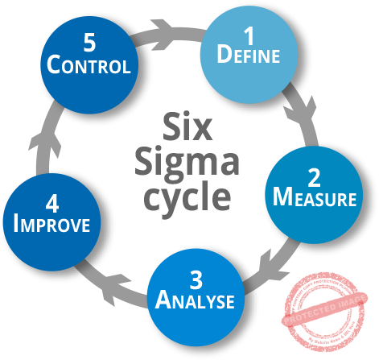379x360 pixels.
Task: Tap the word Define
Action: click(248, 56)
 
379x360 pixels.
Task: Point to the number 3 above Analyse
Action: click(196, 280)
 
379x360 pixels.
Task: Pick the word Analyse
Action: click(196, 302)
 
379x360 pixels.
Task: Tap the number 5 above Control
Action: click(89, 42)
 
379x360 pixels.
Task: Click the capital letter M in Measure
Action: click(282, 197)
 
